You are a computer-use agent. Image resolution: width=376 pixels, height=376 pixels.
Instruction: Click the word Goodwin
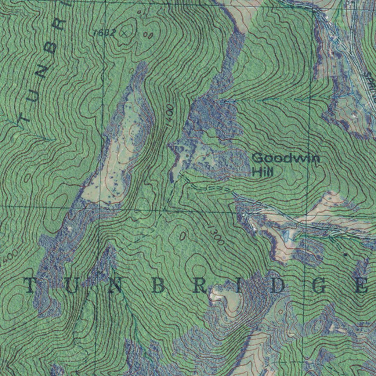click(286, 159)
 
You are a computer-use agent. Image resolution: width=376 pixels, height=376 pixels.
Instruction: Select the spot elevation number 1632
click(104, 33)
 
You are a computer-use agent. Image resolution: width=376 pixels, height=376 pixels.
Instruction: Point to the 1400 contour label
click(169, 116)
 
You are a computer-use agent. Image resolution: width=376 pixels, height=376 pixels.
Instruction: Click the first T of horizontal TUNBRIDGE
click(32, 285)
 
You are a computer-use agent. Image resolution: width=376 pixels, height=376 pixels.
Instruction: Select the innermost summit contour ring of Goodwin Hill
click(238, 160)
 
